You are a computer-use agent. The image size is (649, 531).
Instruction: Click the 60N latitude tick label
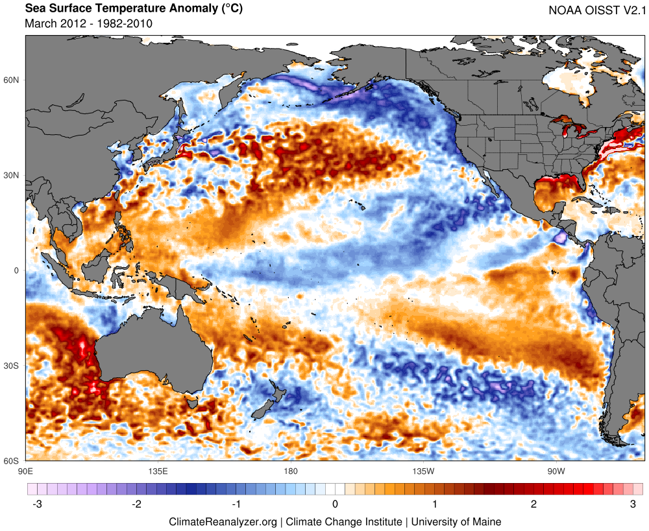click(x=12, y=80)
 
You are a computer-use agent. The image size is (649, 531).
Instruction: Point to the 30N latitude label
click(x=12, y=176)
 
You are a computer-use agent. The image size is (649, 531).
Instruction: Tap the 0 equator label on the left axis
click(x=17, y=271)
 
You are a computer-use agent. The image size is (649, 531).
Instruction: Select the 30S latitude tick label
click(x=12, y=366)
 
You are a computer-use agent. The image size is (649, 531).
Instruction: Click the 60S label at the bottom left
click(x=12, y=461)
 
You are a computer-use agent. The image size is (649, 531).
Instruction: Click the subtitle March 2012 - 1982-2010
click(x=88, y=23)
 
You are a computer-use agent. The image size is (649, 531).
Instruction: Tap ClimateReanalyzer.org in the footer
click(x=223, y=521)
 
